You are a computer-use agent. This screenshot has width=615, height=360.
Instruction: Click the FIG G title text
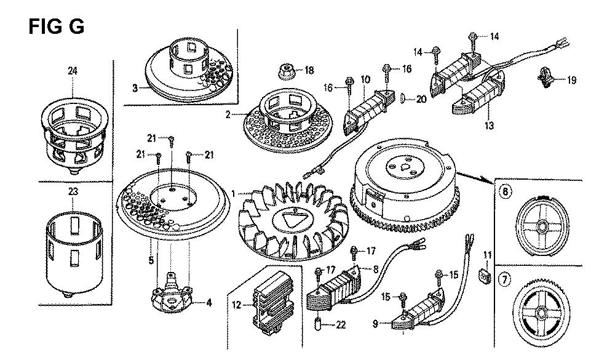(x=56, y=26)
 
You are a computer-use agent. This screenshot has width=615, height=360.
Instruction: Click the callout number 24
(x=73, y=71)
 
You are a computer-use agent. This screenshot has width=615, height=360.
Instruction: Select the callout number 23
(x=73, y=192)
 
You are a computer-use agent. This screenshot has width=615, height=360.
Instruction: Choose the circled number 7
(x=505, y=279)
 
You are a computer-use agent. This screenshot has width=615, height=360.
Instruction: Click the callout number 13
(x=490, y=126)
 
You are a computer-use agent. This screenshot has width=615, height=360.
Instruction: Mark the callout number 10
(x=365, y=79)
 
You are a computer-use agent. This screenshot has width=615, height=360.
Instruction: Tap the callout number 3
(x=135, y=88)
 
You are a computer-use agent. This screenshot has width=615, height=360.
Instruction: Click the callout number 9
(x=375, y=324)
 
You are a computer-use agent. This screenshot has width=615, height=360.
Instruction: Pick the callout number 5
(x=151, y=260)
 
